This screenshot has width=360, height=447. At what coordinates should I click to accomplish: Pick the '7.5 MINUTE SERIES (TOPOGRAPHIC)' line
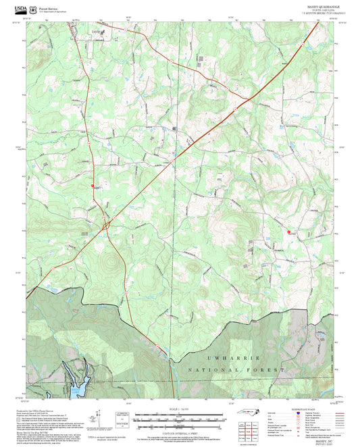(315, 14)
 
